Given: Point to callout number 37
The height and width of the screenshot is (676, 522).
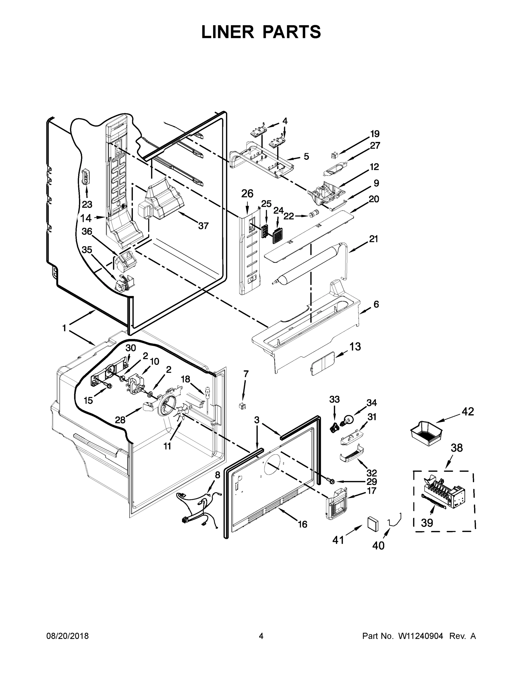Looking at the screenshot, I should tap(203, 226).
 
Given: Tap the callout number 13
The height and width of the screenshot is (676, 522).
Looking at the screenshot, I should tap(355, 347).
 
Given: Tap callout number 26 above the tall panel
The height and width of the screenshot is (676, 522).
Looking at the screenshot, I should tap(247, 194).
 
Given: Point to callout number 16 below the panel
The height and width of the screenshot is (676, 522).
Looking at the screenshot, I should tap(303, 524).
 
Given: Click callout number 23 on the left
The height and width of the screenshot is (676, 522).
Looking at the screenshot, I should tap(87, 204).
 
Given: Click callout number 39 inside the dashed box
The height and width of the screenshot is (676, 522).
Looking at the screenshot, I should tap(427, 523).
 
